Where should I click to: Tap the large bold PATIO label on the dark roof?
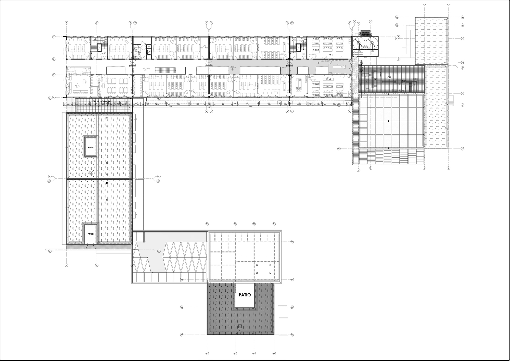pyautogui.click(x=245, y=295)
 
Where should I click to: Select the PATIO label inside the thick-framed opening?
pyautogui.click(x=91, y=148)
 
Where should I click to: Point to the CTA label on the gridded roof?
pyautogui.click(x=389, y=77)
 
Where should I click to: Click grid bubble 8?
pyautogui.click(x=424, y=168)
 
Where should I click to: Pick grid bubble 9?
pyautogui.click(x=448, y=168)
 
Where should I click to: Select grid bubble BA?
pyautogui.click(x=292, y=242)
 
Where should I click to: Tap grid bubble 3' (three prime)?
pyautogui.click(x=135, y=23)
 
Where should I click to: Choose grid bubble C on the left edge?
pyautogui.click(x=54, y=75)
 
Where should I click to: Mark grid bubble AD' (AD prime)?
pyautogui.click(x=463, y=68)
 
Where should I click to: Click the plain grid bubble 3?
pyautogui.click(x=130, y=23)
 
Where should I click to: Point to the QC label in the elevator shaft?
pyautogui.click(x=149, y=52)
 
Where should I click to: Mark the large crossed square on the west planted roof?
pyautogui.click(x=91, y=173)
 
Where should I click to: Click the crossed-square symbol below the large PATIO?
pyautogui.click(x=240, y=326)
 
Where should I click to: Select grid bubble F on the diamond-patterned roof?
pyautogui.click(x=159, y=251)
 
